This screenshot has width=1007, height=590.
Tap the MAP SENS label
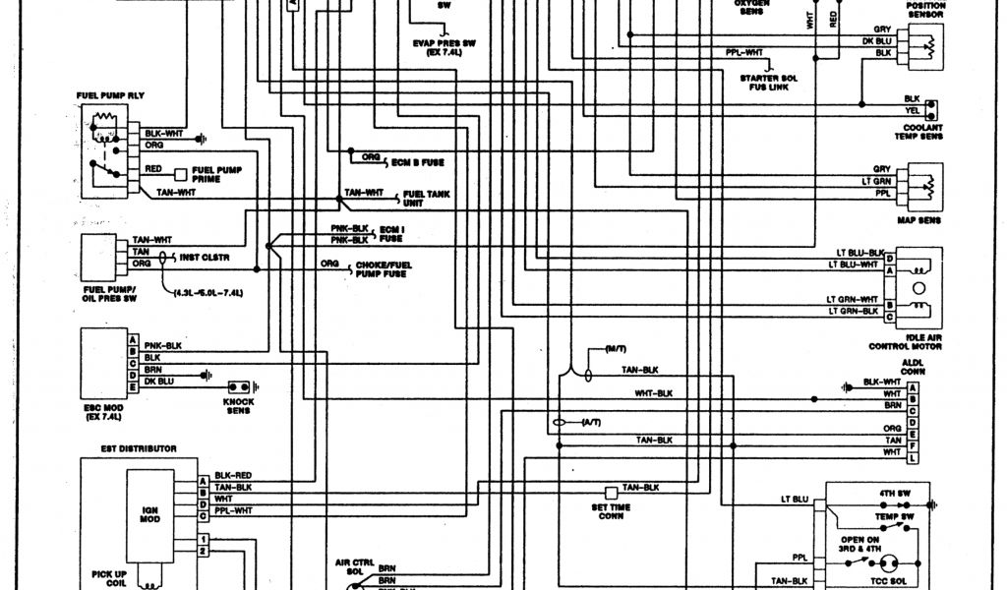pos(918,220)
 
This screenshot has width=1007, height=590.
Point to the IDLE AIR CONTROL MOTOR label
pos(905,342)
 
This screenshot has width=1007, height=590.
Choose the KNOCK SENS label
pos(237,405)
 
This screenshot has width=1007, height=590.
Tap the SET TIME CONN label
pos(611,511)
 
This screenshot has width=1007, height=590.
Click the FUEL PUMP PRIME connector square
pos(181,174)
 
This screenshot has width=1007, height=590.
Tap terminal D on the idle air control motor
pos(889,258)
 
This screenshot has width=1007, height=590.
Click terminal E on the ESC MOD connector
pos(132,388)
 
